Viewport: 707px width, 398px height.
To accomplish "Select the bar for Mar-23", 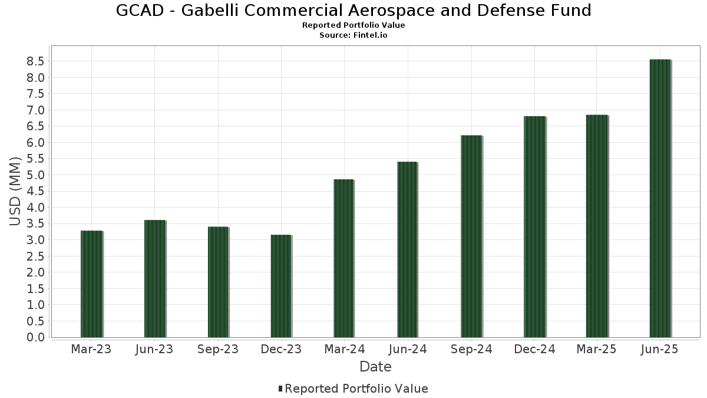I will click(x=91, y=284).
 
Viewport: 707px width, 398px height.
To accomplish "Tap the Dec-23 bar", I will click(x=281, y=286).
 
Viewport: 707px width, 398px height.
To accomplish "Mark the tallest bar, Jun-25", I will click(x=660, y=198).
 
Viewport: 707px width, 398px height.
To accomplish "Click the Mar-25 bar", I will click(x=597, y=226).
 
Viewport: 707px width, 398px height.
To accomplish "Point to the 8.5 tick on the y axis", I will click(x=35, y=61).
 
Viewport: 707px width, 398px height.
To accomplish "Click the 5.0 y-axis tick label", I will click(x=35, y=175).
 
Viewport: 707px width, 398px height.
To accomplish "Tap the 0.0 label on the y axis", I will click(x=35, y=337).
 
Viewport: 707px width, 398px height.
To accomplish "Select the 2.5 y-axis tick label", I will click(x=35, y=256).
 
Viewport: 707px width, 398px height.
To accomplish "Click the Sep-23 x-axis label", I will click(x=217, y=349).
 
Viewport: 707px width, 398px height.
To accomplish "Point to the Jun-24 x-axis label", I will click(x=408, y=349).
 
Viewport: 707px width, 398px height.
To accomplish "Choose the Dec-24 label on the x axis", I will click(x=534, y=349).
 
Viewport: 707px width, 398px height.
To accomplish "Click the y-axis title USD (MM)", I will click(x=16, y=191).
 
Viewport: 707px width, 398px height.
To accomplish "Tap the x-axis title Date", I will click(x=375, y=367).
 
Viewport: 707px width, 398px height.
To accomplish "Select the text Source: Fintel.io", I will click(x=353, y=35).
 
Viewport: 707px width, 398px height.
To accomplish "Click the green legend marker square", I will click(x=280, y=389).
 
